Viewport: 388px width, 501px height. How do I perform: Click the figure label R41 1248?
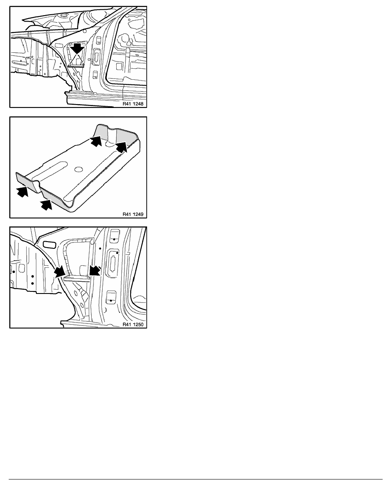point(133,104)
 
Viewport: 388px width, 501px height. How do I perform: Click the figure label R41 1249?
point(133,214)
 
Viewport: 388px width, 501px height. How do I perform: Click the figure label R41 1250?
point(133,325)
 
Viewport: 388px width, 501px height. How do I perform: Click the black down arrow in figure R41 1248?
point(77,48)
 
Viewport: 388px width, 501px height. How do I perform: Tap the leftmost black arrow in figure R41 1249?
point(22,191)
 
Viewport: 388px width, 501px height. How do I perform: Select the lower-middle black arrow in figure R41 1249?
point(46,204)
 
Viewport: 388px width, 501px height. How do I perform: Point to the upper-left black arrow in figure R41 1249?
point(96,140)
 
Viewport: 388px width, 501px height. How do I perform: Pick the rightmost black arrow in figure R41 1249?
point(121,147)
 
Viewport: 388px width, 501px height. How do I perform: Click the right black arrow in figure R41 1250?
point(95,270)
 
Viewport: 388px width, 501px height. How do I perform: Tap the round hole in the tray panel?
point(79,170)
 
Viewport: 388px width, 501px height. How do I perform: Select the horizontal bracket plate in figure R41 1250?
point(77,278)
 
